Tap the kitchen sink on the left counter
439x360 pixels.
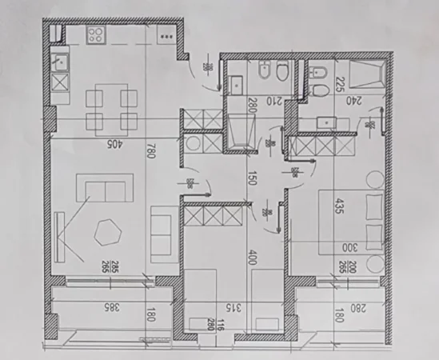coord(59,59)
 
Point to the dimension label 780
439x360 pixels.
coord(150,150)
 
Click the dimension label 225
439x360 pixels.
coord(339,84)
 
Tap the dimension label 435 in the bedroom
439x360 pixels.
coord(340,206)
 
